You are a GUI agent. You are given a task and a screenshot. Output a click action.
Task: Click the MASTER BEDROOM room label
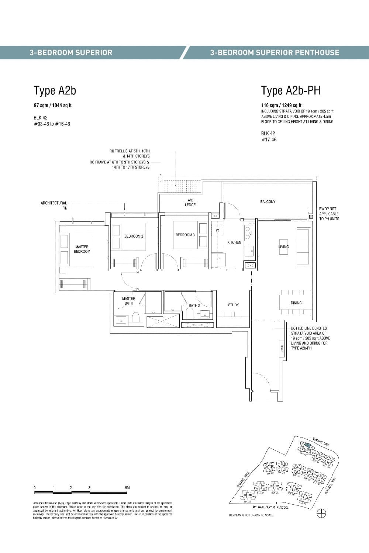[82, 249]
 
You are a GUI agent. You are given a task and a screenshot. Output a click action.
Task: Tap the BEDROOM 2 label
[134, 236]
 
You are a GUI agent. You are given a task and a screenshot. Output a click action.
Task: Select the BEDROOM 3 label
[185, 235]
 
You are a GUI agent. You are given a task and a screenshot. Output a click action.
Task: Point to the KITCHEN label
[234, 242]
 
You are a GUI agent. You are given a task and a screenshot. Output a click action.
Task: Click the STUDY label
[233, 305]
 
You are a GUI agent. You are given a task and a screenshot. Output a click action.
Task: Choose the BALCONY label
[268, 202]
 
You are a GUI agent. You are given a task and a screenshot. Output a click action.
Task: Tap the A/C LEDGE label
[190, 202]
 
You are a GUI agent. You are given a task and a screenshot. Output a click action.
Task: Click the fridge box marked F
[219, 260]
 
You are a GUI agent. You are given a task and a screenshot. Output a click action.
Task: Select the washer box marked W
[217, 231]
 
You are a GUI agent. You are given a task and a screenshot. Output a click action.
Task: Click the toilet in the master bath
[135, 318]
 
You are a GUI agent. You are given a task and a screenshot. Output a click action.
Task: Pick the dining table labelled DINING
[296, 303]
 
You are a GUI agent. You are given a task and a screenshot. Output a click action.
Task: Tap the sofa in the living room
[304, 246]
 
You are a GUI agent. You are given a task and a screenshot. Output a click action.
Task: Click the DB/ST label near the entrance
[282, 349]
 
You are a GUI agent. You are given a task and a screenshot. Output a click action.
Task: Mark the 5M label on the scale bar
[127, 488]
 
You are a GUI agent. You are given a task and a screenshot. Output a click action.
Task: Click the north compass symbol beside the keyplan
[322, 513]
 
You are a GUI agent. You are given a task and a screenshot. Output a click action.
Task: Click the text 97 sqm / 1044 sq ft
[53, 105]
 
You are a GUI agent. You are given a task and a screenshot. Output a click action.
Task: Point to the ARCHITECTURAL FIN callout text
[54, 205]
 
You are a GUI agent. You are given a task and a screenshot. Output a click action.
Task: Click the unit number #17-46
[269, 139]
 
